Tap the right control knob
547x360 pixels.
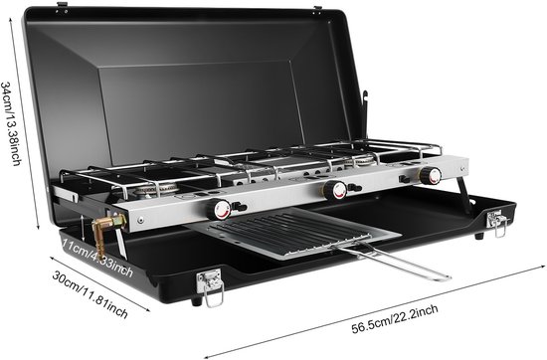(x=430, y=176)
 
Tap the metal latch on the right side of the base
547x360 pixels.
(x=495, y=221)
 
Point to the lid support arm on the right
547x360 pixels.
(x=364, y=109)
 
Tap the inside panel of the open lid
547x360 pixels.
(x=199, y=99)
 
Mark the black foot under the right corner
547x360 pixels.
(x=479, y=235)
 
